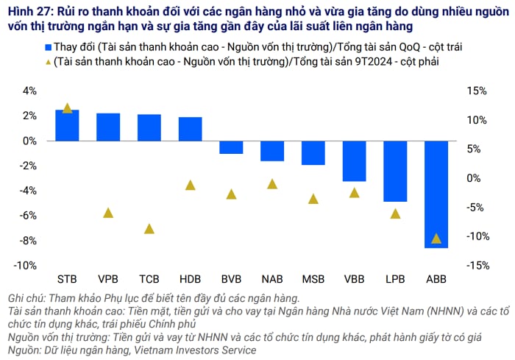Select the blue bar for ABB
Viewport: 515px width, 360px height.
436,194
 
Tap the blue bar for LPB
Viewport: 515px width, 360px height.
395,171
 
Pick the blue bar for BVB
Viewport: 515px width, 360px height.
231,147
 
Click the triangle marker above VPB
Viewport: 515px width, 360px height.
108,213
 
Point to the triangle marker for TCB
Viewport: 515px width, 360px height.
149,228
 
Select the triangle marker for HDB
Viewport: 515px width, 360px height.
190,185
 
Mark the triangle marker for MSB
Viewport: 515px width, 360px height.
313,198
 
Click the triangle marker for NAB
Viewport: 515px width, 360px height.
272,183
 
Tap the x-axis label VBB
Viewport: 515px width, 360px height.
354,280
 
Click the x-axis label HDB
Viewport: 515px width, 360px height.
190,280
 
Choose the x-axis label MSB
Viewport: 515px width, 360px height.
313,280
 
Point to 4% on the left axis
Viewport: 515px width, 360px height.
29,91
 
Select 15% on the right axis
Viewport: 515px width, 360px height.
477,91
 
